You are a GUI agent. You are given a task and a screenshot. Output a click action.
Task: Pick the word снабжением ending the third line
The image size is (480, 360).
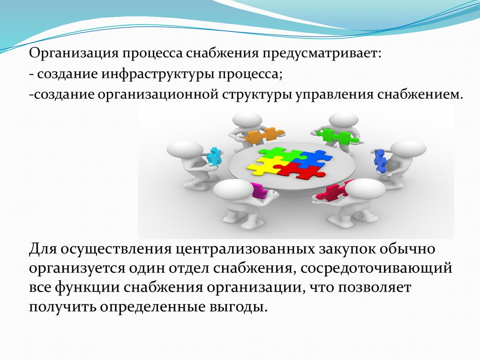click(x=420, y=95)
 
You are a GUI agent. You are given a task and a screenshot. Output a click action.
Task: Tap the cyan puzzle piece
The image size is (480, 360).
click(x=214, y=157)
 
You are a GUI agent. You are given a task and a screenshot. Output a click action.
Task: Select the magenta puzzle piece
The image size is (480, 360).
click(x=259, y=191)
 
